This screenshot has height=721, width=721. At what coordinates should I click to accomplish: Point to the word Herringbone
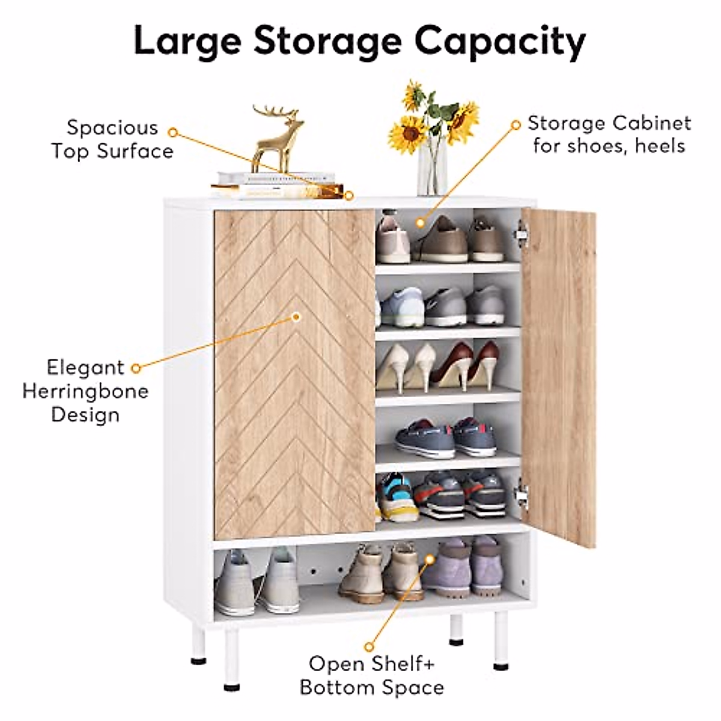pos(85,391)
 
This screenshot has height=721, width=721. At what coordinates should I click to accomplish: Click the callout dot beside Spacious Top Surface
pos(172,131)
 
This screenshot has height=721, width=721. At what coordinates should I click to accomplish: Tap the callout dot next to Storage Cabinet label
pos(515,125)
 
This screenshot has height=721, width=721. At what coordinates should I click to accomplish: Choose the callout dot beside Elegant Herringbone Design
pos(136,367)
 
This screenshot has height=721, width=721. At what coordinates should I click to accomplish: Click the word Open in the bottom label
pos(334,664)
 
